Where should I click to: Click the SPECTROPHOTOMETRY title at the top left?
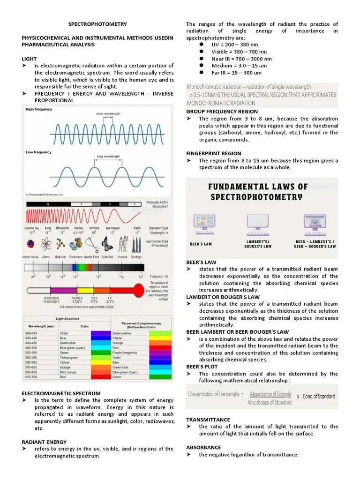point(97,24)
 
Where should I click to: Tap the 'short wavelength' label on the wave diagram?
point(108,113)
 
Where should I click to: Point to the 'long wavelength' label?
point(108,157)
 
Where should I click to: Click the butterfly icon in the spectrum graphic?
point(107,244)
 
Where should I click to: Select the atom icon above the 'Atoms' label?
point(46,244)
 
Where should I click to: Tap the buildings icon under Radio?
point(136,244)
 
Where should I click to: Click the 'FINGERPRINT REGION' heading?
point(214,154)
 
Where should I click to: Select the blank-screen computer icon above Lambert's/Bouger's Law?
point(257,224)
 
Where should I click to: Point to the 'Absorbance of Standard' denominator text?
point(270,403)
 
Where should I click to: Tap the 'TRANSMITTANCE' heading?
point(208,420)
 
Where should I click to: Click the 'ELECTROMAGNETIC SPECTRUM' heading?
point(61,393)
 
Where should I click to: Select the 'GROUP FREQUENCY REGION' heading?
point(222,112)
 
